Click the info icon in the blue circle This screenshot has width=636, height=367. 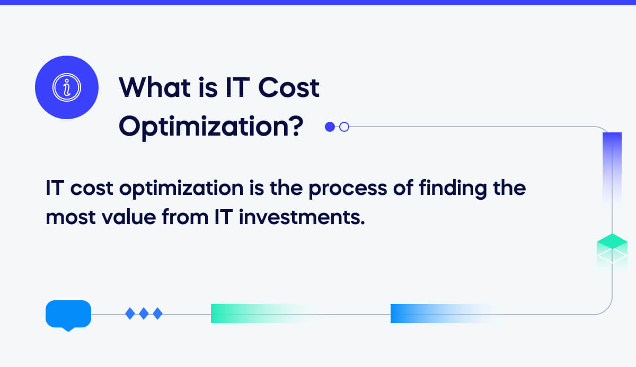(66, 87)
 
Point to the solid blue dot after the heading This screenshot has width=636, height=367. (330, 127)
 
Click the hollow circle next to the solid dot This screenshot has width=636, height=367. (344, 127)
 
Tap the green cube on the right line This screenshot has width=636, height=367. (612, 249)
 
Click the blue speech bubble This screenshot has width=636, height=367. (68, 315)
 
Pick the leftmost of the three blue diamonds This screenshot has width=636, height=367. (130, 314)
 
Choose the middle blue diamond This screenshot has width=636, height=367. (144, 314)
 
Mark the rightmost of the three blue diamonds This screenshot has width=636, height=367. (157, 314)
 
